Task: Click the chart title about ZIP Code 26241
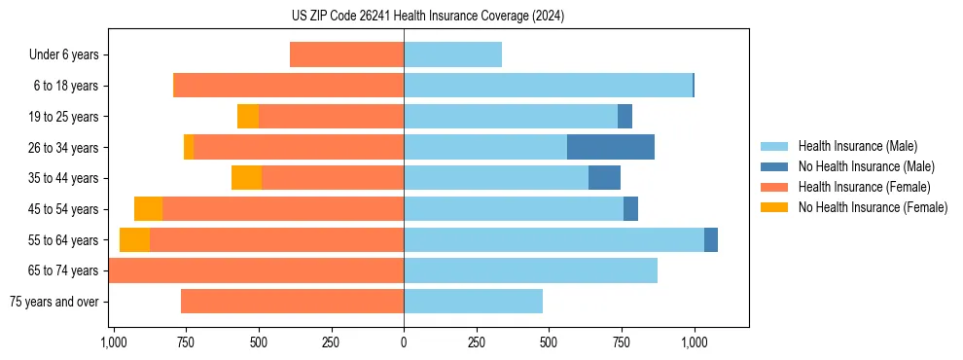(428, 16)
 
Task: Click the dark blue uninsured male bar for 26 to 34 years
(611, 147)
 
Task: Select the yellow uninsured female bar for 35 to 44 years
(246, 178)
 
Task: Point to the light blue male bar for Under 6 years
(452, 54)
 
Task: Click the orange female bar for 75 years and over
(292, 302)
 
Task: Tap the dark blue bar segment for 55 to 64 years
(711, 239)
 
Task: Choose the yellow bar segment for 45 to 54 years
(148, 209)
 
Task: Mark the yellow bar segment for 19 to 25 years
(248, 117)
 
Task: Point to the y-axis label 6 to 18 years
(65, 86)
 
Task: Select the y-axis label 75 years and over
(54, 302)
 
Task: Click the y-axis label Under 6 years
(63, 55)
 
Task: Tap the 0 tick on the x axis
(404, 342)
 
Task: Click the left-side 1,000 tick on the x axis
(114, 342)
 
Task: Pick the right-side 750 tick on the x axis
(621, 342)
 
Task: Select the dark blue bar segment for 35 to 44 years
(604, 178)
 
